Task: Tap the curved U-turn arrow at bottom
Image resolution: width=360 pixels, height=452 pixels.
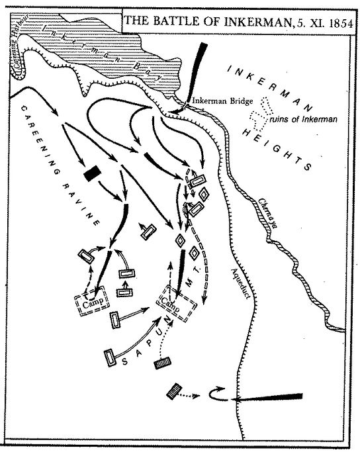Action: point(218,395)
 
